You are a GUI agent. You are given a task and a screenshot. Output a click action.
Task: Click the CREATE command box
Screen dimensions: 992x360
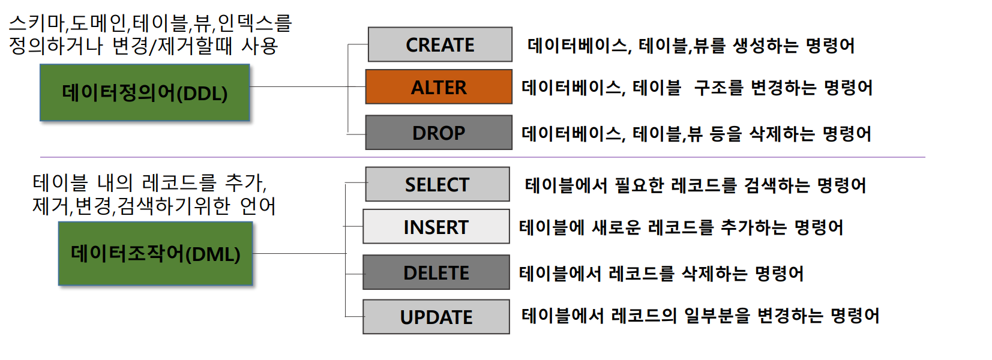tap(440, 44)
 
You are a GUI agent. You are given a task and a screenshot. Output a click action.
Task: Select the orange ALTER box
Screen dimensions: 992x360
tap(439, 87)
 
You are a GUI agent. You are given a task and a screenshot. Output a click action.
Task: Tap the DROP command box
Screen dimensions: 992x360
tap(439, 133)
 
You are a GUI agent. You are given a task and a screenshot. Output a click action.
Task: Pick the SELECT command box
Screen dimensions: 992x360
tap(437, 184)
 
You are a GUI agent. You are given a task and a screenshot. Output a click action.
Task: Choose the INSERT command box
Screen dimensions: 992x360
tap(436, 227)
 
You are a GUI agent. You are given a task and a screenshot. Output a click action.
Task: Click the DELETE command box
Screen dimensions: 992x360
tap(436, 272)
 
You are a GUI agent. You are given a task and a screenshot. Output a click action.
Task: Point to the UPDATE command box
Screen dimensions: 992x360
tap(436, 317)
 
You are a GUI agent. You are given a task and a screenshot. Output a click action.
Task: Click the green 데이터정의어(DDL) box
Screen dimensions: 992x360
tap(145, 92)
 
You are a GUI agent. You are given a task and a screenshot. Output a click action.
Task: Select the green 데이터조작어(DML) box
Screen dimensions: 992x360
tap(155, 253)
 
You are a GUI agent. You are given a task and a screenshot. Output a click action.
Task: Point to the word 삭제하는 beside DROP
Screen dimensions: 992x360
tap(782, 133)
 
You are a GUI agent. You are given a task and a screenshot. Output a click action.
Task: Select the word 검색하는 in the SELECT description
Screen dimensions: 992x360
tap(777, 185)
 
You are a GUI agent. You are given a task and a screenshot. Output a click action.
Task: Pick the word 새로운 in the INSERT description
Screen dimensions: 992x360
tap(616, 227)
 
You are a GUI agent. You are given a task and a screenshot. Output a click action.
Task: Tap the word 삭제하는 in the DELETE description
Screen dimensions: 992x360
tap(715, 273)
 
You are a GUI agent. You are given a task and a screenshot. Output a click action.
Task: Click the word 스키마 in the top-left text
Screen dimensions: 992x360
tap(37, 23)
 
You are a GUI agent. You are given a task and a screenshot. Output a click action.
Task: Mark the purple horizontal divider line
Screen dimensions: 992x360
tap(482, 157)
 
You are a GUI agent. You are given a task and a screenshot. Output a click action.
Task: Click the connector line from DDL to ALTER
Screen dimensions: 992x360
tap(308, 87)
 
